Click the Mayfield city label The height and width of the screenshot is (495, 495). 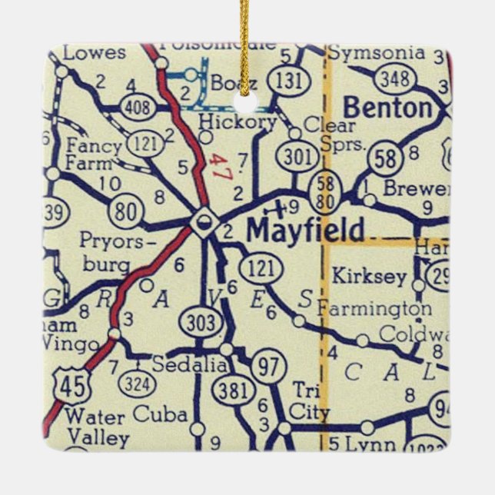pyautogui.click(x=305, y=230)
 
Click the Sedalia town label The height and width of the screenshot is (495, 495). pyautogui.click(x=190, y=365)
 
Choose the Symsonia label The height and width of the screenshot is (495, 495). pyautogui.click(x=376, y=53)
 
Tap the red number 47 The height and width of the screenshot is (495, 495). pyautogui.click(x=221, y=167)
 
